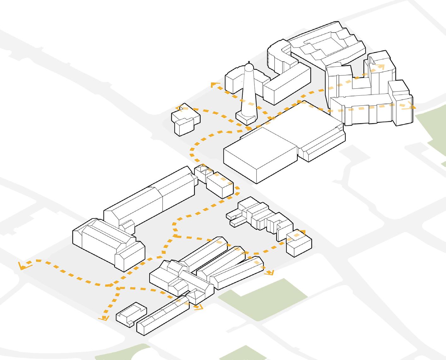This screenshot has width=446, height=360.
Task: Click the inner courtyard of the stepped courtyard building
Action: (319, 47)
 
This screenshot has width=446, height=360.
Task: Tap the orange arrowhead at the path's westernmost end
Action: (22, 266)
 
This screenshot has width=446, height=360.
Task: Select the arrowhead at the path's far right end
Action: (412, 106)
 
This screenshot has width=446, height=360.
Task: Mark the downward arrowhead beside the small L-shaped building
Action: (103, 318)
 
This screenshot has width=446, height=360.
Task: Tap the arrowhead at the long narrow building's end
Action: (199, 307)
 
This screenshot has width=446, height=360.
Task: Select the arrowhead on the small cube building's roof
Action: (302, 233)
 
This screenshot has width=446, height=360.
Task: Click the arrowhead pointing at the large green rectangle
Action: (270, 273)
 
